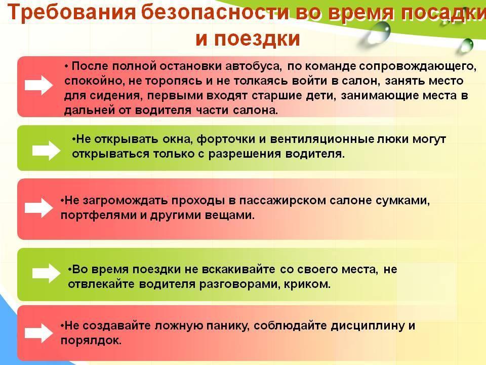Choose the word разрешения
click(244, 154)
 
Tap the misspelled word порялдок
click(91, 341)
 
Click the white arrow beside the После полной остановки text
click(38, 85)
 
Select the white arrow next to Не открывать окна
click(46, 150)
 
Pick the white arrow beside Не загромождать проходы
click(38, 208)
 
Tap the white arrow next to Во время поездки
click(46, 273)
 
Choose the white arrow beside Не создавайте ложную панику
click(38, 333)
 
